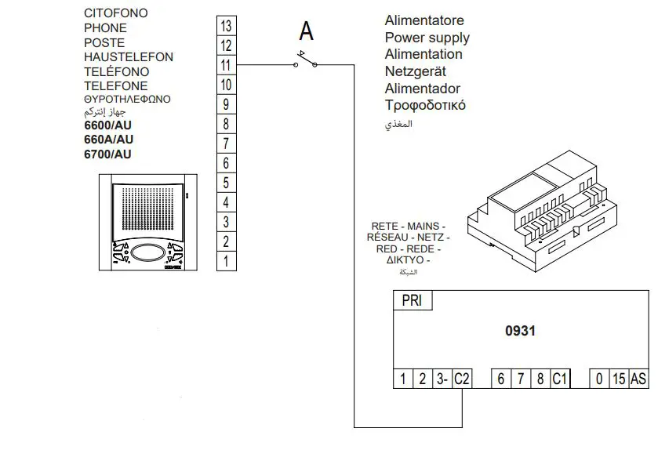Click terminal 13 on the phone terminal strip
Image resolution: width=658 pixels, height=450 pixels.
[226, 26]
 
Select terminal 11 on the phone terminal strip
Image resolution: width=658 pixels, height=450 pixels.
[226, 65]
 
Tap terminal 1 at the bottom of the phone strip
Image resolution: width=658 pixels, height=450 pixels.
[226, 261]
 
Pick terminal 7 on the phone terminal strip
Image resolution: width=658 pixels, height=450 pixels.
[226, 143]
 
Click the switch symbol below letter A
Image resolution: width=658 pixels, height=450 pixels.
[306, 60]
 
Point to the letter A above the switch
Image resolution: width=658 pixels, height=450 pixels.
[306, 31]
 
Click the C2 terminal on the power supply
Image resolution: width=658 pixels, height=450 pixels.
[462, 379]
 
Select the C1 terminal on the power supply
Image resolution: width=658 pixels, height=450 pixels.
[559, 379]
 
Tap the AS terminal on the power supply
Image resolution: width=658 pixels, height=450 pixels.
[638, 379]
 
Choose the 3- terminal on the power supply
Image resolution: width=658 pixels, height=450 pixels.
[442, 379]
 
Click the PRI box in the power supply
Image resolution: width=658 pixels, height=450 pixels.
[412, 301]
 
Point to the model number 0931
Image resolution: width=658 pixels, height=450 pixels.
[520, 331]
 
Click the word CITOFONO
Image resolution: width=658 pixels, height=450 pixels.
[115, 13]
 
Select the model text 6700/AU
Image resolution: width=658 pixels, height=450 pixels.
[107, 154]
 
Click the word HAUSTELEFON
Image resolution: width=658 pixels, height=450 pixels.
[129, 57]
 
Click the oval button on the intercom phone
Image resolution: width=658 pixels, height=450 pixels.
[147, 253]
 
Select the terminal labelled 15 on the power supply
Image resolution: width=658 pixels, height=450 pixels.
[619, 379]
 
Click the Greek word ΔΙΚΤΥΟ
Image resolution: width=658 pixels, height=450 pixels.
[403, 260]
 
